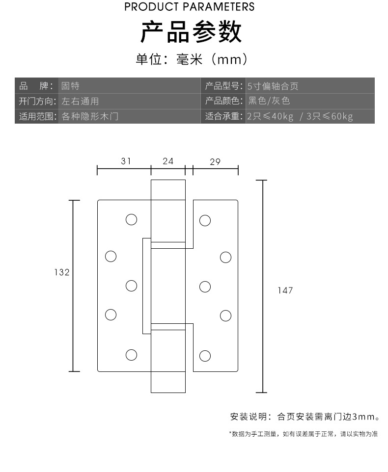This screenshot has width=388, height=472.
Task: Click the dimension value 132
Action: click(x=62, y=272)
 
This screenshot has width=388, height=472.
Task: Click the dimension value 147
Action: click(x=285, y=290)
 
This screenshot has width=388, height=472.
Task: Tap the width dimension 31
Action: click(x=126, y=161)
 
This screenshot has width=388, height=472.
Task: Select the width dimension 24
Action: click(x=168, y=161)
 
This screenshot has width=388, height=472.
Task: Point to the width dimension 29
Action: click(x=215, y=161)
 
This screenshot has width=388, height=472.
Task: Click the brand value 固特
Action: click(x=70, y=86)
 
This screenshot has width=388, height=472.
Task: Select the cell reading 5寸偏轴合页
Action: click(x=273, y=86)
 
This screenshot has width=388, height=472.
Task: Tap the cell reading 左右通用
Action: click(x=80, y=101)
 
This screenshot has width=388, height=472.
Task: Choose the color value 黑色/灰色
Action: click(x=269, y=101)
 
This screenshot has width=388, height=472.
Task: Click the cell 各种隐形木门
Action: click(x=90, y=116)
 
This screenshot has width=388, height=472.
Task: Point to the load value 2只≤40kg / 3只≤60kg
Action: click(x=300, y=116)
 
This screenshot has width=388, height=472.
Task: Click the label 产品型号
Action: click(x=223, y=86)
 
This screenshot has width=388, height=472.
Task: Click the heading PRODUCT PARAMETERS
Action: click(x=190, y=7)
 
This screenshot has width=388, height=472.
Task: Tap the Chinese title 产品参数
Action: click(x=191, y=32)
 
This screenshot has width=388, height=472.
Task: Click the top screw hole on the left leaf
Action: click(x=131, y=219)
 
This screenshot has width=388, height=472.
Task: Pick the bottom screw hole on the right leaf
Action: click(x=205, y=355)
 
